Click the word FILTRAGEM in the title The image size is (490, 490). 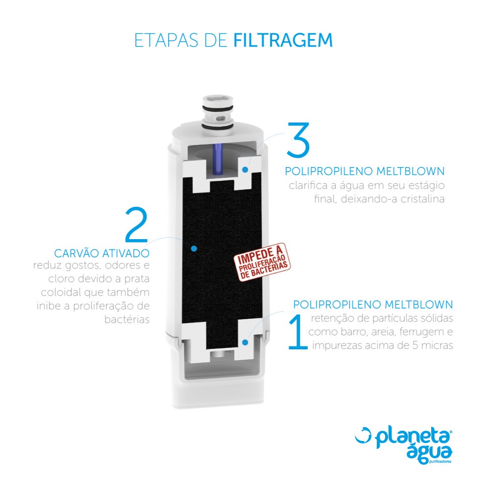(283, 40)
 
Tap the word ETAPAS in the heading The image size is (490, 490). (166, 40)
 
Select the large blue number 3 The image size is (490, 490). (298, 140)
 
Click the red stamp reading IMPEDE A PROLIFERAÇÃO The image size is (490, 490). (263, 262)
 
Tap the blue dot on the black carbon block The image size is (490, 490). (194, 248)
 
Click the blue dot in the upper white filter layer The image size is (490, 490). (245, 170)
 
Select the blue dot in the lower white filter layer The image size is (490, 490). (245, 343)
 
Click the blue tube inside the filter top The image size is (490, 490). (218, 159)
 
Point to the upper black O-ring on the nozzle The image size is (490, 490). (218, 108)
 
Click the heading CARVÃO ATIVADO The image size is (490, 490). (102, 253)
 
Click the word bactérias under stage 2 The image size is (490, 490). (127, 319)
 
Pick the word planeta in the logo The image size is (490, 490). (413, 437)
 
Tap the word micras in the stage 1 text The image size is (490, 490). (437, 345)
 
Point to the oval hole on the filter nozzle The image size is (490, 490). (221, 118)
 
